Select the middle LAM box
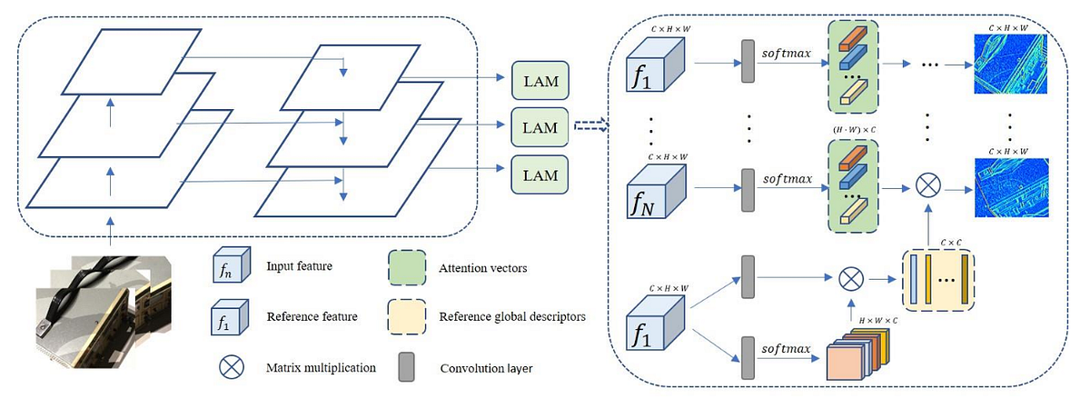coord(540,126)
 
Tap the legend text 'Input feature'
coord(300,266)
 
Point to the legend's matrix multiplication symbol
coord(230,367)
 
